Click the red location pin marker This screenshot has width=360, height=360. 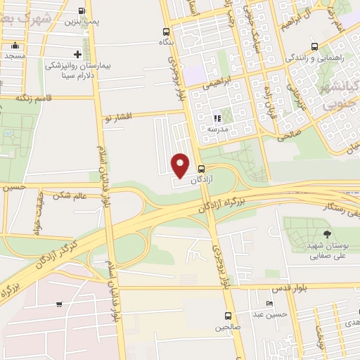(x=181, y=165)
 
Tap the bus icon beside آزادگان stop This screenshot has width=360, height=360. (x=202, y=169)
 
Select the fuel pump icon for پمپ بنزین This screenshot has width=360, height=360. (x=82, y=11)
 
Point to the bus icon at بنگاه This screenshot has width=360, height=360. (x=166, y=32)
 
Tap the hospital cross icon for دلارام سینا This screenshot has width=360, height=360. (x=77, y=54)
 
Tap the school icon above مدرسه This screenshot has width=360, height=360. (x=217, y=118)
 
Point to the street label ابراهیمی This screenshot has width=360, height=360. (x=217, y=83)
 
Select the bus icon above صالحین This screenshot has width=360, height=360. (x=227, y=316)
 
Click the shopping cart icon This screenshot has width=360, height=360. (x=59, y=304)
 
